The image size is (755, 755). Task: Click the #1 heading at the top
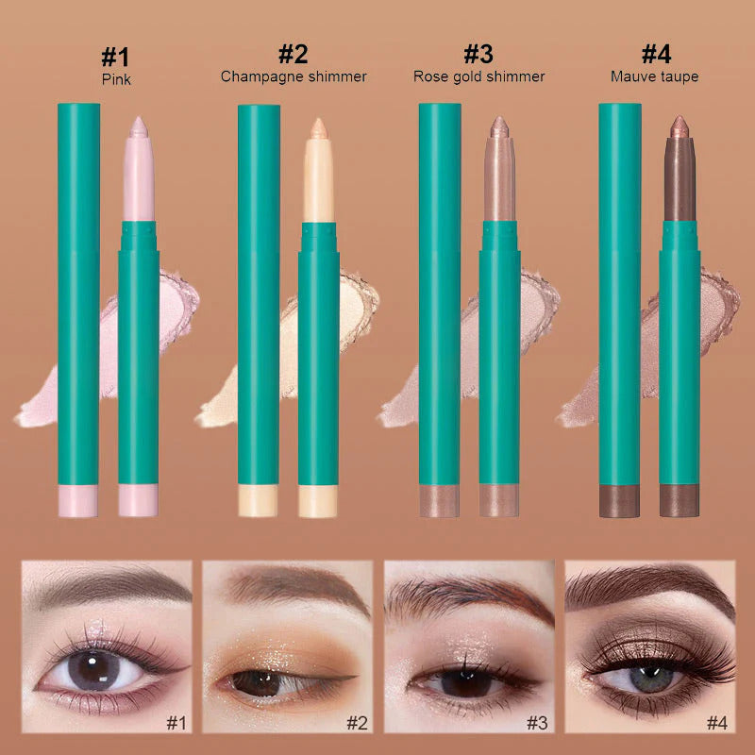(115, 55)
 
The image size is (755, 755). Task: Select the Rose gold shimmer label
(478, 76)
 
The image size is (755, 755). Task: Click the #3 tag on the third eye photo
(536, 724)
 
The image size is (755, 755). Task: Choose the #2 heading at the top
(294, 55)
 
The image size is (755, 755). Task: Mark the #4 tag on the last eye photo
(717, 724)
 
